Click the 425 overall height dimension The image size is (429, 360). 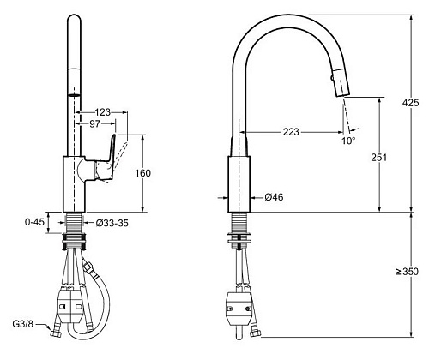tap(410, 103)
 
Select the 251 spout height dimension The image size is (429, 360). tap(379, 158)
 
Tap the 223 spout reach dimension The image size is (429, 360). tap(291, 132)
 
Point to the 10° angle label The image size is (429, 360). tap(348, 141)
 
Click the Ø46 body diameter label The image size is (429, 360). tap(274, 197)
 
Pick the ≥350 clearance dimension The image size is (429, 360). tap(407, 272)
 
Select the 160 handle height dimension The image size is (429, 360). tap(142, 173)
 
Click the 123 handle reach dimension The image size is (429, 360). tap(102, 112)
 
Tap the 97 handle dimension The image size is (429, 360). tap(95, 123)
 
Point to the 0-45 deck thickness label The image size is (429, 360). tap(35, 222)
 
